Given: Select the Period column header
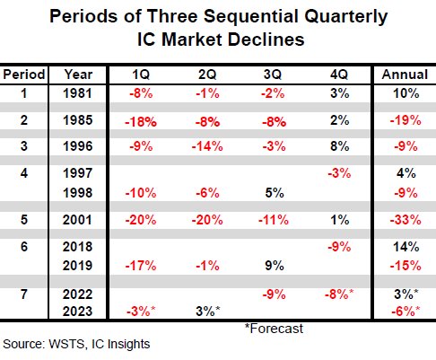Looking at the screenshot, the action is pyautogui.click(x=24, y=75).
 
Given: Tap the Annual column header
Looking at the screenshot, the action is pyautogui.click(x=405, y=75).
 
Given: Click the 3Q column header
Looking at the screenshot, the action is pyautogui.click(x=273, y=75).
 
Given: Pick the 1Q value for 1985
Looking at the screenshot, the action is pyautogui.click(x=141, y=122).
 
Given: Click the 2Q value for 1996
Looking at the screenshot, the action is pyautogui.click(x=207, y=146).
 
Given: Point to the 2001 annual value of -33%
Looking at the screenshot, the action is pyautogui.click(x=405, y=220).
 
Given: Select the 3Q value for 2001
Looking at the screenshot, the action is pyautogui.click(x=274, y=220).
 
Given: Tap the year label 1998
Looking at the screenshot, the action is pyautogui.click(x=78, y=193).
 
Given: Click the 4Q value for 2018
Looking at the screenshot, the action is pyautogui.click(x=339, y=247).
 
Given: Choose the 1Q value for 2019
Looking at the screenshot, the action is pyautogui.click(x=141, y=266).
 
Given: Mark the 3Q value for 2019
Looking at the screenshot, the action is pyautogui.click(x=275, y=266).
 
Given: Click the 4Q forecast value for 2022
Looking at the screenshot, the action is pyautogui.click(x=339, y=294).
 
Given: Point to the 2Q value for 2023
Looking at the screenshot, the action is pyautogui.click(x=208, y=312).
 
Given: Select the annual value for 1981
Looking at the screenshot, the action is pyautogui.click(x=406, y=93).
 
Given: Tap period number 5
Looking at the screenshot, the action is pyautogui.click(x=24, y=220).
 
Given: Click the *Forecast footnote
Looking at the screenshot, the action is pyautogui.click(x=274, y=329).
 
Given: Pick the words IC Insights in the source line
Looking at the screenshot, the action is pyautogui.click(x=121, y=344).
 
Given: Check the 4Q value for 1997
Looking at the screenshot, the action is pyautogui.click(x=339, y=173).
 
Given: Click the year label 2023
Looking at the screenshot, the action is pyautogui.click(x=78, y=312).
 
